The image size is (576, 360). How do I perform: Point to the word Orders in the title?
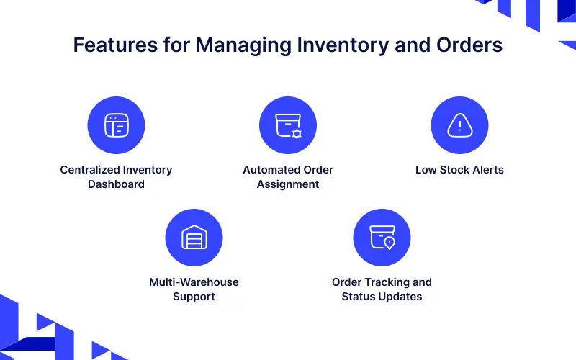[x=467, y=45]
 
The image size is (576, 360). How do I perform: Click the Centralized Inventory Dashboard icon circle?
[x=116, y=125]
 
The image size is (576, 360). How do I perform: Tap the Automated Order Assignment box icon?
[x=288, y=125]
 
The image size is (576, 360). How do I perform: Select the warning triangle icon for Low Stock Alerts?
[x=459, y=125]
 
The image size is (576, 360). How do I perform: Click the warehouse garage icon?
[x=194, y=237]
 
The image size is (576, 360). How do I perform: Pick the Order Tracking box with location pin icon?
[x=382, y=237]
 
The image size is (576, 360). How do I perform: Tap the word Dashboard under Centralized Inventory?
[x=116, y=184]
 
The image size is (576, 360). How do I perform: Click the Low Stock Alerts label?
[x=459, y=170]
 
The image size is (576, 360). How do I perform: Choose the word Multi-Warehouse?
[x=194, y=282]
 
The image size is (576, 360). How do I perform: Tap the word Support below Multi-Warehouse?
[x=194, y=296]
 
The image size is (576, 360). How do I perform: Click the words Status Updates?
[x=382, y=296]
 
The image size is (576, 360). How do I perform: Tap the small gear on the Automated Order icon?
[x=297, y=134]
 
